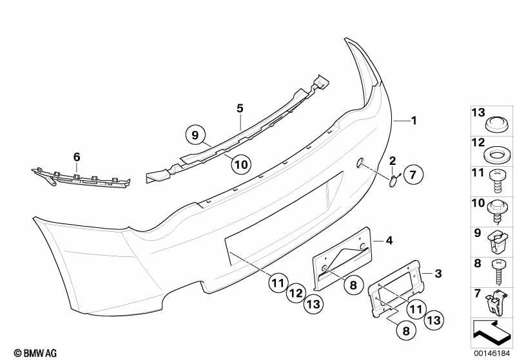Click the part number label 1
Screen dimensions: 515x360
point(414,121)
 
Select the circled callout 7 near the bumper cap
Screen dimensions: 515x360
point(413,175)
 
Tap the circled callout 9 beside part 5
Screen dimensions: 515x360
point(195,135)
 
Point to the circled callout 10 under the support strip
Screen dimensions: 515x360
point(241,164)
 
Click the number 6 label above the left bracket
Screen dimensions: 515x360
point(77,157)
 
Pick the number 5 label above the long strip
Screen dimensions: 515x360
point(240,108)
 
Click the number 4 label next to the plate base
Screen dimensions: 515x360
point(389,241)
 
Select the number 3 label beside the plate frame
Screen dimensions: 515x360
point(438,273)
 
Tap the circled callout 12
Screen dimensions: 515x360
point(296,293)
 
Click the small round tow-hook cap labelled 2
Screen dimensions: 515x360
point(393,182)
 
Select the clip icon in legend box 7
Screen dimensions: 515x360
point(494,303)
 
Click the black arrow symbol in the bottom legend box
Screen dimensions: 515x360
point(491,331)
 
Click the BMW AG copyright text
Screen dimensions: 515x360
point(35,353)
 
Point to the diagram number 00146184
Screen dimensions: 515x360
point(492,353)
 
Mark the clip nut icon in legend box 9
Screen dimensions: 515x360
point(496,242)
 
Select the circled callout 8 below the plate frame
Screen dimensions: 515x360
point(406,330)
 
